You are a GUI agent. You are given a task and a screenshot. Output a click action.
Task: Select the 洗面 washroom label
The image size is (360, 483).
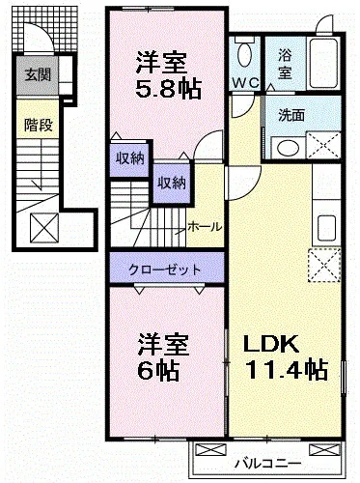(x=291, y=113)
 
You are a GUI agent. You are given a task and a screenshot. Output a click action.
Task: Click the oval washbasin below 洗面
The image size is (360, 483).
(x=285, y=147)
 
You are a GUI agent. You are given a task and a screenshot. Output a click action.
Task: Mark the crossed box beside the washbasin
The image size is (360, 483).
(x=320, y=146)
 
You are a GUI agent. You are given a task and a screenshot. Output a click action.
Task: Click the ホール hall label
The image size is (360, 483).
(x=204, y=226)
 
